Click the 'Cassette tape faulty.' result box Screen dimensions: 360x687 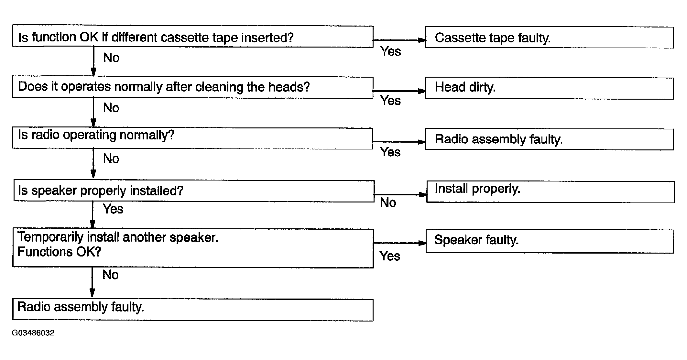[549, 38]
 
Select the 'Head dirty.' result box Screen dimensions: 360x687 [549, 88]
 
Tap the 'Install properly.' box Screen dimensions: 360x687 [550, 192]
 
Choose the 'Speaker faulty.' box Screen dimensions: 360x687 [550, 241]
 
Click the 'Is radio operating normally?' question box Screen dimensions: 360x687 [192, 138]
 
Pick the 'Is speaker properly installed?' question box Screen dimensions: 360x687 [194, 191]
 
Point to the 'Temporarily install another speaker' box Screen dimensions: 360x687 [193, 248]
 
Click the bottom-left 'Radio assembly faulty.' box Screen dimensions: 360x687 [193, 310]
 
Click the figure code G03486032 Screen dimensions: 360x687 [33, 333]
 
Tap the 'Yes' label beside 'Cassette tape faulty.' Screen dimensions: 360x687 [390, 51]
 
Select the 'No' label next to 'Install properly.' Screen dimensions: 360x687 [388, 203]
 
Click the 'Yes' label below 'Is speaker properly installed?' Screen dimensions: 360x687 [113, 209]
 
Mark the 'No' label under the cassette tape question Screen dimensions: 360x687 [111, 58]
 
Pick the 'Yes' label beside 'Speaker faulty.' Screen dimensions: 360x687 [390, 256]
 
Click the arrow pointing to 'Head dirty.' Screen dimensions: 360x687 [400, 91]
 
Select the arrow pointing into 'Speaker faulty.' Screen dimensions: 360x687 [400, 243]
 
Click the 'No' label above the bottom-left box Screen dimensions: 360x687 [110, 275]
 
